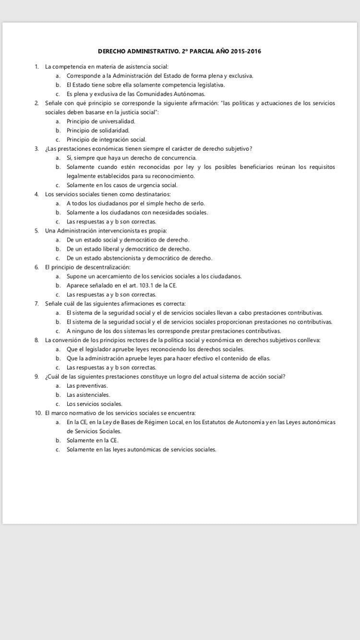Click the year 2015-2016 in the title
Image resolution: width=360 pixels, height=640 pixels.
(247, 51)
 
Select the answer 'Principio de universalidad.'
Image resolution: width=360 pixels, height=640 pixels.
(100, 122)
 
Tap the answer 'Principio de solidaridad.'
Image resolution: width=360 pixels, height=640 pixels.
(98, 131)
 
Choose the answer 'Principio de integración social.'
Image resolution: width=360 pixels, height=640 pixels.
(106, 140)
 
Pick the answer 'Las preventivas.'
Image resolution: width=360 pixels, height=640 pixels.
(87, 386)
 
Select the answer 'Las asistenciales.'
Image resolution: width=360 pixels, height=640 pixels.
(88, 395)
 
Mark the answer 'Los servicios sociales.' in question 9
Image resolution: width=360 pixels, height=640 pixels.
(94, 404)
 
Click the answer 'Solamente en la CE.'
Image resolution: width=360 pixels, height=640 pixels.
(92, 440)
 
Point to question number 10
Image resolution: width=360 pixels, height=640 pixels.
(38, 413)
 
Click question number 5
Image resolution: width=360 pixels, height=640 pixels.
(36, 230)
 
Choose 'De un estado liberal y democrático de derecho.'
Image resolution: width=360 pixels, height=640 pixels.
(128, 248)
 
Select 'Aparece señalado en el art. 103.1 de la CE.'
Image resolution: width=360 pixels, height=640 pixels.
(122, 285)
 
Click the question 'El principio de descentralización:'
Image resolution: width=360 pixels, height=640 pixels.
(88, 267)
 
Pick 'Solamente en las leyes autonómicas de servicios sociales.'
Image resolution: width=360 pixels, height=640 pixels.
(141, 449)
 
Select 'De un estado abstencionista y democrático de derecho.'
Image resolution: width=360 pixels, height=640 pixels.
(139, 257)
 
